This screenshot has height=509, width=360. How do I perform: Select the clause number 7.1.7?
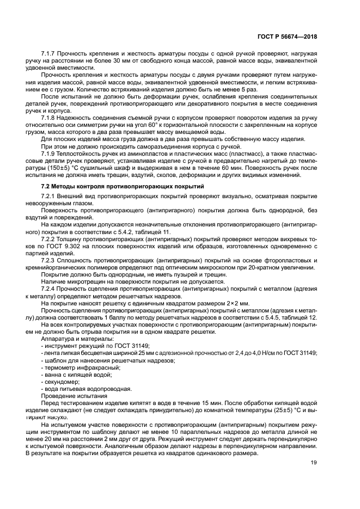pyautogui.click(x=50, y=54)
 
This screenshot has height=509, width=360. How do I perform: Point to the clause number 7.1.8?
pyautogui.click(x=50, y=117)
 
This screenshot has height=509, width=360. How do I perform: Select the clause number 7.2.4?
pyautogui.click(x=50, y=289)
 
